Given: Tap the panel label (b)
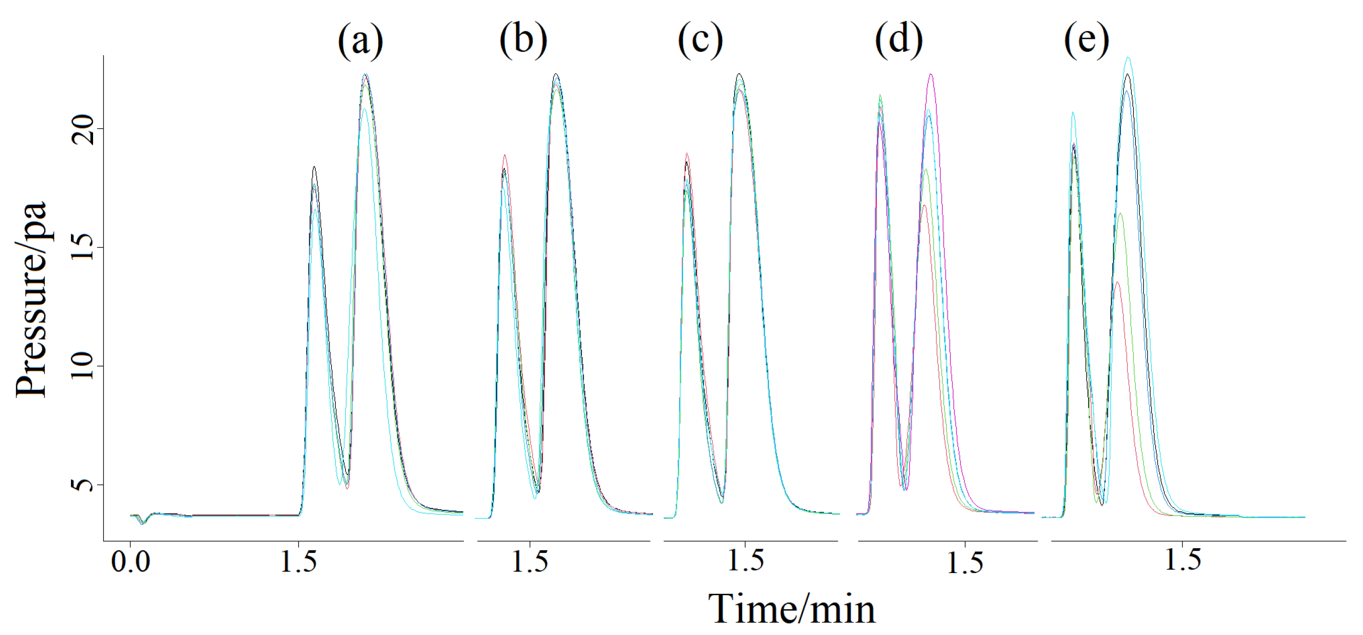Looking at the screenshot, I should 523,40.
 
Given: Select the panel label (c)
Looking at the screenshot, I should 700,40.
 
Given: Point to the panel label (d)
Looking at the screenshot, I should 899,40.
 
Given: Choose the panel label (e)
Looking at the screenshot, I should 1087,40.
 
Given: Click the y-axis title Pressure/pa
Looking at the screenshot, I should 32,300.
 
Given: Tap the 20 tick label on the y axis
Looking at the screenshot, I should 83,129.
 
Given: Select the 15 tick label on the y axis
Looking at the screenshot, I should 83,247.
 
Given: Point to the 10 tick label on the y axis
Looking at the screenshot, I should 83,366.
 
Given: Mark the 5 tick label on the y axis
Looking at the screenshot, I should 83,484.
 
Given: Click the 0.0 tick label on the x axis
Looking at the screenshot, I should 130,562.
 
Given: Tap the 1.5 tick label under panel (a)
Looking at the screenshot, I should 298,562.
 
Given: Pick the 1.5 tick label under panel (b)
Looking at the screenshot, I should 530,562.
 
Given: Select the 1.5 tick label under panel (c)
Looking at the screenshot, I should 746,561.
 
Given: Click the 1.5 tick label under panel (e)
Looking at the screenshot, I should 1183,561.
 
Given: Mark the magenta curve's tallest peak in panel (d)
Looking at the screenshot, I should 931,74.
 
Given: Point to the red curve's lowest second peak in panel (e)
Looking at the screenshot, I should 1117,282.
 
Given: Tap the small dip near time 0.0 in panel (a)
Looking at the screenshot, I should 142,523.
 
